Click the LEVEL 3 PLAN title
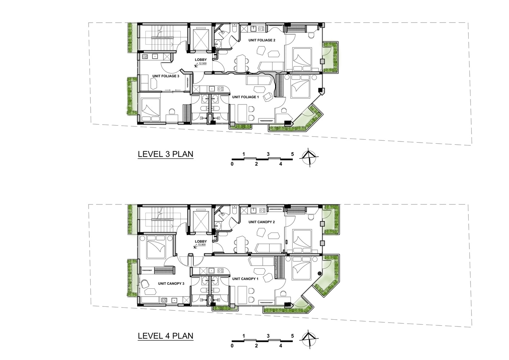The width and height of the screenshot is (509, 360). [x=166, y=154]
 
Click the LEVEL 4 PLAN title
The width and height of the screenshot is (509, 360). [x=166, y=336]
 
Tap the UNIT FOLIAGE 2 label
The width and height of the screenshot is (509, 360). [x=262, y=40]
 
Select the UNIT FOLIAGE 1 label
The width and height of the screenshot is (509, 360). [x=246, y=97]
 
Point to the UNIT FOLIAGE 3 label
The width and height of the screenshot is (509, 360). [x=166, y=76]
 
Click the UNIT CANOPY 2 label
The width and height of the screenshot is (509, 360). [x=262, y=222]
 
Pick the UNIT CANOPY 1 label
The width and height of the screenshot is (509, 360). [x=245, y=279]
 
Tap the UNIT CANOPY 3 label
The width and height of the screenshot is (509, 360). [x=171, y=284]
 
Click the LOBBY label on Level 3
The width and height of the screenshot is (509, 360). [x=201, y=60]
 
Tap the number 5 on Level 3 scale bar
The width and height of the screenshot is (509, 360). [x=292, y=154]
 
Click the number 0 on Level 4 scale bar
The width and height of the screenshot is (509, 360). [x=232, y=346]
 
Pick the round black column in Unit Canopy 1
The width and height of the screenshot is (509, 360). [x=320, y=274]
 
